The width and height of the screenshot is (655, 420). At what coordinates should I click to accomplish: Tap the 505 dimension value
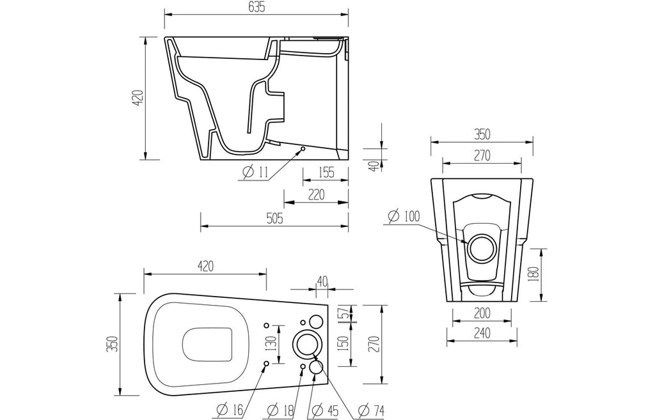click(274, 218)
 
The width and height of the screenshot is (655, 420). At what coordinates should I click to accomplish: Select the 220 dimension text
click(316, 194)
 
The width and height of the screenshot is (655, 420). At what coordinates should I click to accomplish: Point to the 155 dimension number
click(326, 172)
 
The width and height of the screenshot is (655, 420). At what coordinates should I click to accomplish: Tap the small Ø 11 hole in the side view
click(303, 148)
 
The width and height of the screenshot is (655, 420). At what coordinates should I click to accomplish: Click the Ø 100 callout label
click(404, 216)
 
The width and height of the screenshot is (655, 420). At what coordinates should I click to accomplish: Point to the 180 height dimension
click(537, 274)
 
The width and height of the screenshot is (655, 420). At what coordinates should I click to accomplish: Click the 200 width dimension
click(482, 313)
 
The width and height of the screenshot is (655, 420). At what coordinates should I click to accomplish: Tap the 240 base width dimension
click(482, 333)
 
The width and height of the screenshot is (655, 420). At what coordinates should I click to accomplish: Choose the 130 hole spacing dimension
click(272, 343)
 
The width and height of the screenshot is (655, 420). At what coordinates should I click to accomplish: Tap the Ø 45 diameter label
click(326, 411)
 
